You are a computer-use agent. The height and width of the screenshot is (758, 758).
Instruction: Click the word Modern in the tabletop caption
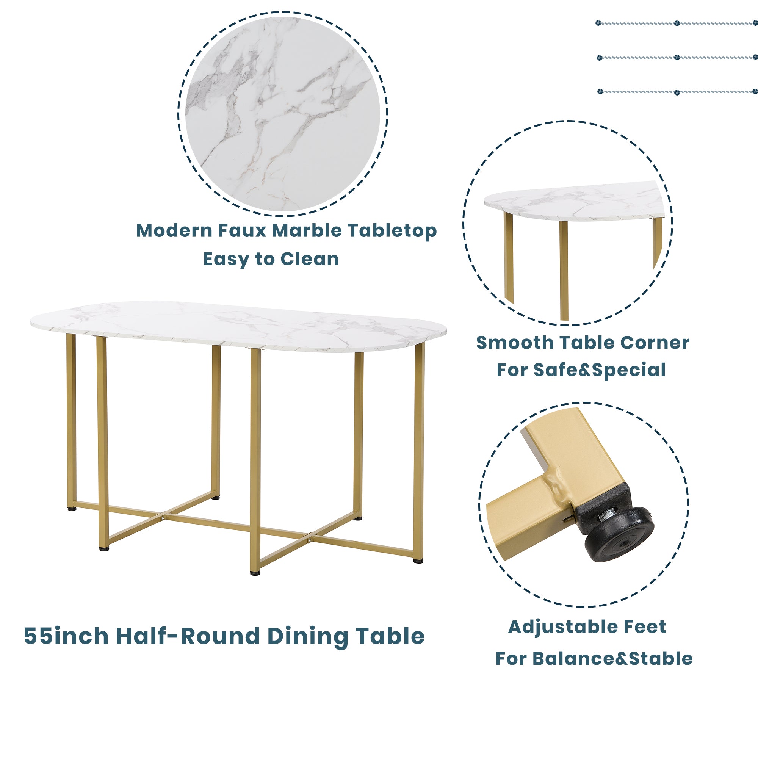click(175, 231)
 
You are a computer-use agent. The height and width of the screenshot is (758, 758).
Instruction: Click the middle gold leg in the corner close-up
click(564, 271)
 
